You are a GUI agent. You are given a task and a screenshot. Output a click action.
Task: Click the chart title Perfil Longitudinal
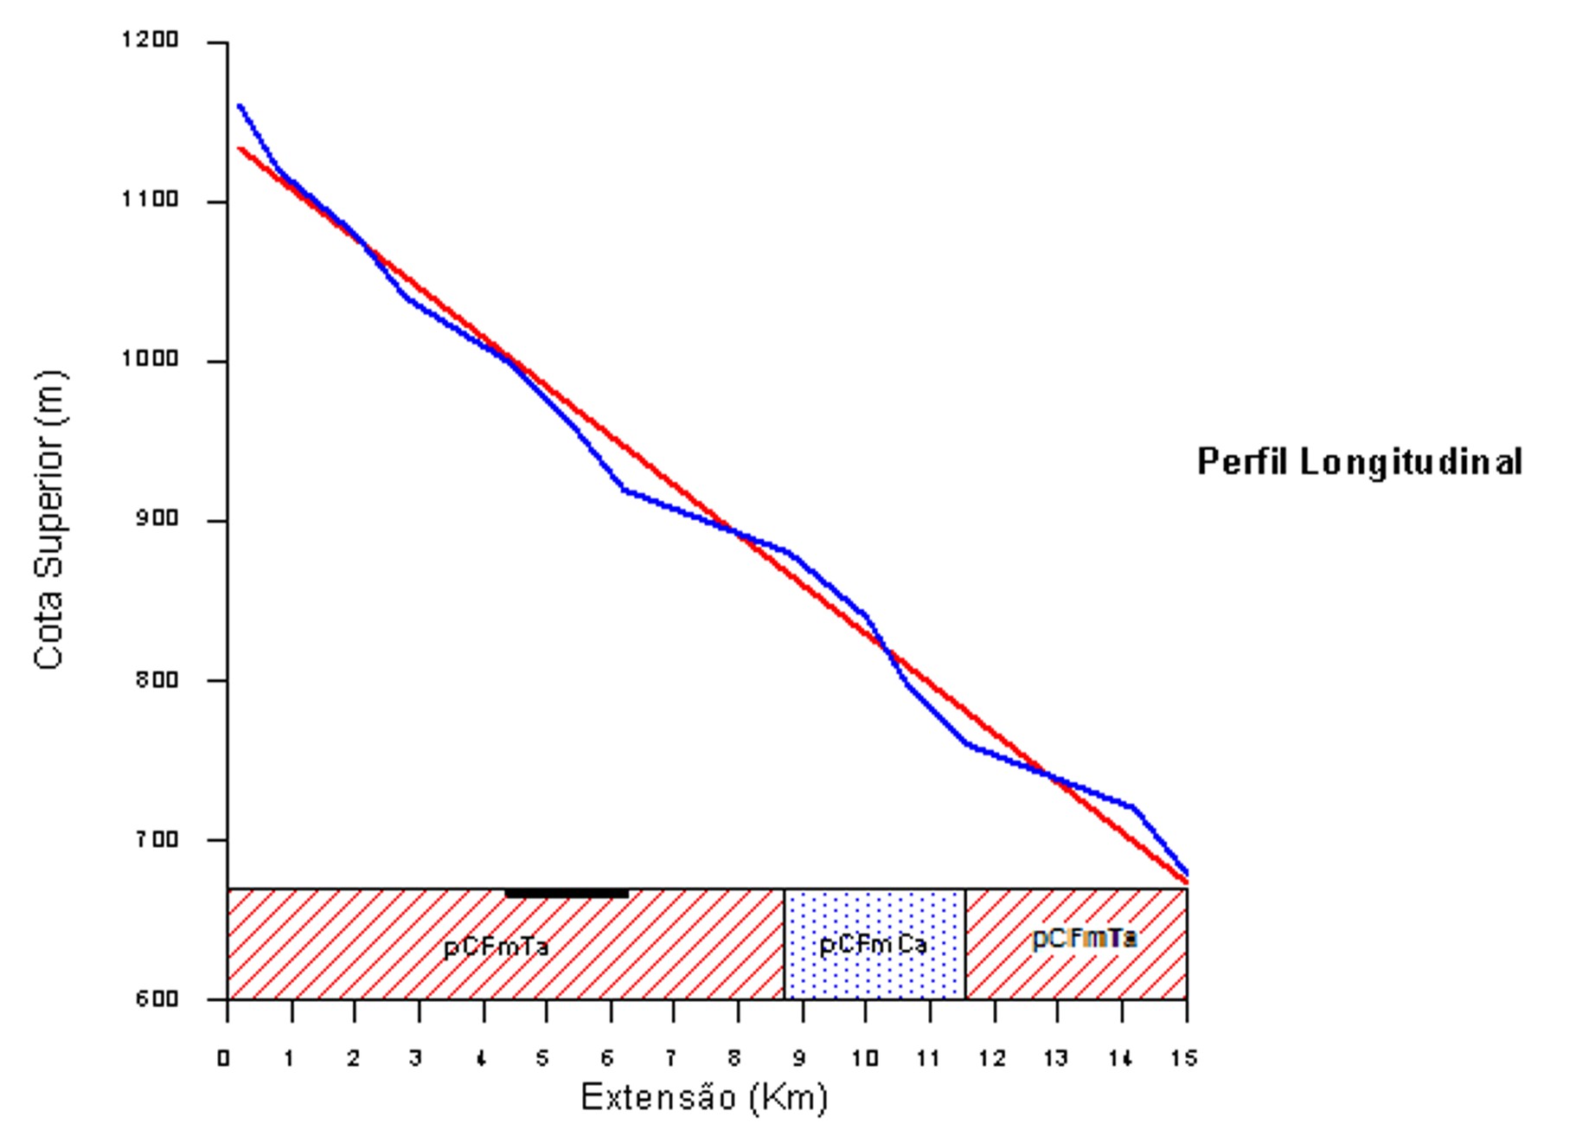[1359, 461]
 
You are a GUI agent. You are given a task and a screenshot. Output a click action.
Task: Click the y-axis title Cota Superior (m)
[49, 519]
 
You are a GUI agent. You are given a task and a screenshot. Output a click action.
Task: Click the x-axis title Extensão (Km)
[704, 1097]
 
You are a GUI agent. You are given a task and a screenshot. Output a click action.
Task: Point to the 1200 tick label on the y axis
[151, 40]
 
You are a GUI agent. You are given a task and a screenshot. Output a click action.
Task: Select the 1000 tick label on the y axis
[151, 359]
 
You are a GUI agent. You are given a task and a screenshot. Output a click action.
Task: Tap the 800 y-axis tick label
[156, 679]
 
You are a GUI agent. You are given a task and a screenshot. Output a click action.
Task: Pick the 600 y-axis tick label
[156, 998]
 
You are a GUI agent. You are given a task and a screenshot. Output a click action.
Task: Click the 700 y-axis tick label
[156, 839]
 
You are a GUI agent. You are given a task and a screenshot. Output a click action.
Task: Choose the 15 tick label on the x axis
[1184, 1058]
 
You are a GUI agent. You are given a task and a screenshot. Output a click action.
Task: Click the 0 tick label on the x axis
[224, 1058]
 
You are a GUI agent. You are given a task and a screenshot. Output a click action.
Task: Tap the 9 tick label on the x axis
[799, 1058]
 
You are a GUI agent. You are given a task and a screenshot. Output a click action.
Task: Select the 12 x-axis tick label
[992, 1058]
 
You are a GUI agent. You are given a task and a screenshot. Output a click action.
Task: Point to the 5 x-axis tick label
[542, 1058]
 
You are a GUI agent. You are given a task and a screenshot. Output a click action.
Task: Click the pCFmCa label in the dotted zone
[873, 945]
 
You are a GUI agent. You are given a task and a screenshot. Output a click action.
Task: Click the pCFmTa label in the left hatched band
[496, 947]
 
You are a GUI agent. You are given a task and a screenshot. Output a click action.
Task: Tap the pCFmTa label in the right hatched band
[1084, 938]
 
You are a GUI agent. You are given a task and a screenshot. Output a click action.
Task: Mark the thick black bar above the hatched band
[567, 893]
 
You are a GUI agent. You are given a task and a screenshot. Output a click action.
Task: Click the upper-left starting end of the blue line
[240, 106]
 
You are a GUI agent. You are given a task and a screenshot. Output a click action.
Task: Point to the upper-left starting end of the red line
[240, 149]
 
